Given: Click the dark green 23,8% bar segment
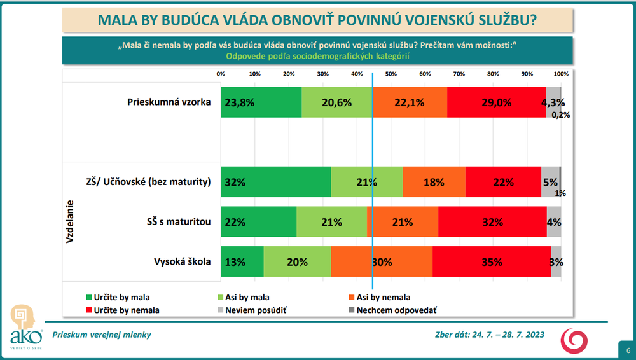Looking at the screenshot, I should pyautogui.click(x=261, y=102).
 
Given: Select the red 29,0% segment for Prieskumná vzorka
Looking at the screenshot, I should pyautogui.click(x=496, y=102).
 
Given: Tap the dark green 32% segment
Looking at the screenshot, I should pyautogui.click(x=275, y=182).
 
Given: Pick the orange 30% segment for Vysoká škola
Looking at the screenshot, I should pyautogui.click(x=382, y=261).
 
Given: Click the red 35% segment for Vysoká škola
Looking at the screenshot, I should pyautogui.click(x=492, y=261).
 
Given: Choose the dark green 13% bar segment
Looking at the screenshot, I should pyautogui.click(x=242, y=261).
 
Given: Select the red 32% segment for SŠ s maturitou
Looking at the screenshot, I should pyautogui.click(x=492, y=222).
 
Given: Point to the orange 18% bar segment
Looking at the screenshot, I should pyautogui.click(x=434, y=182).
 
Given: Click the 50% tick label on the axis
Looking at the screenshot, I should pyautogui.click(x=391, y=74).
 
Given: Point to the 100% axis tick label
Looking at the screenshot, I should pyautogui.click(x=560, y=74).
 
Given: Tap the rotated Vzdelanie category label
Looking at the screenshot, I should pyautogui.click(x=70, y=222).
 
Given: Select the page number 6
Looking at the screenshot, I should pyautogui.click(x=628, y=350).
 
